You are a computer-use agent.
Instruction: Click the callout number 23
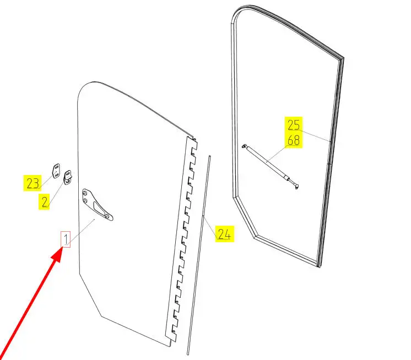click(33, 183)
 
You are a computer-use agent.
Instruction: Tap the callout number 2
click(45, 202)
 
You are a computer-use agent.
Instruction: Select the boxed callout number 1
click(66, 239)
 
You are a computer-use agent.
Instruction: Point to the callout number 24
click(224, 234)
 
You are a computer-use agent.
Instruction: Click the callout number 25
click(294, 125)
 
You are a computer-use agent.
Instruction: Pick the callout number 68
click(294, 140)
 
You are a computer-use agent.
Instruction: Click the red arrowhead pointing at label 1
click(57, 254)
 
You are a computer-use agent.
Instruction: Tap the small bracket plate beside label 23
click(56, 171)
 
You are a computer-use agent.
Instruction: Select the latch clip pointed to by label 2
click(68, 177)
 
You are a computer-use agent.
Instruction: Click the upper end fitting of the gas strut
click(245, 146)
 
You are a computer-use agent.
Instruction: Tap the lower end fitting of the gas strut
click(296, 186)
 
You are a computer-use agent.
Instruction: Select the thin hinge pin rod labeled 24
click(199, 255)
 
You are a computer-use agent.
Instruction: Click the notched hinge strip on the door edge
click(181, 239)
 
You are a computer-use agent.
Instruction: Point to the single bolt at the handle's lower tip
click(107, 216)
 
